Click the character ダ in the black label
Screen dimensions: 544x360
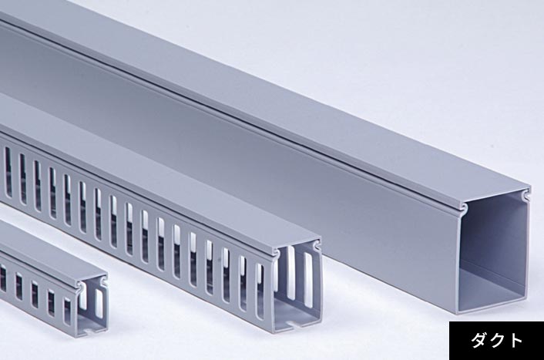(x=479, y=341)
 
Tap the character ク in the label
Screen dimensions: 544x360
(x=496, y=341)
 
